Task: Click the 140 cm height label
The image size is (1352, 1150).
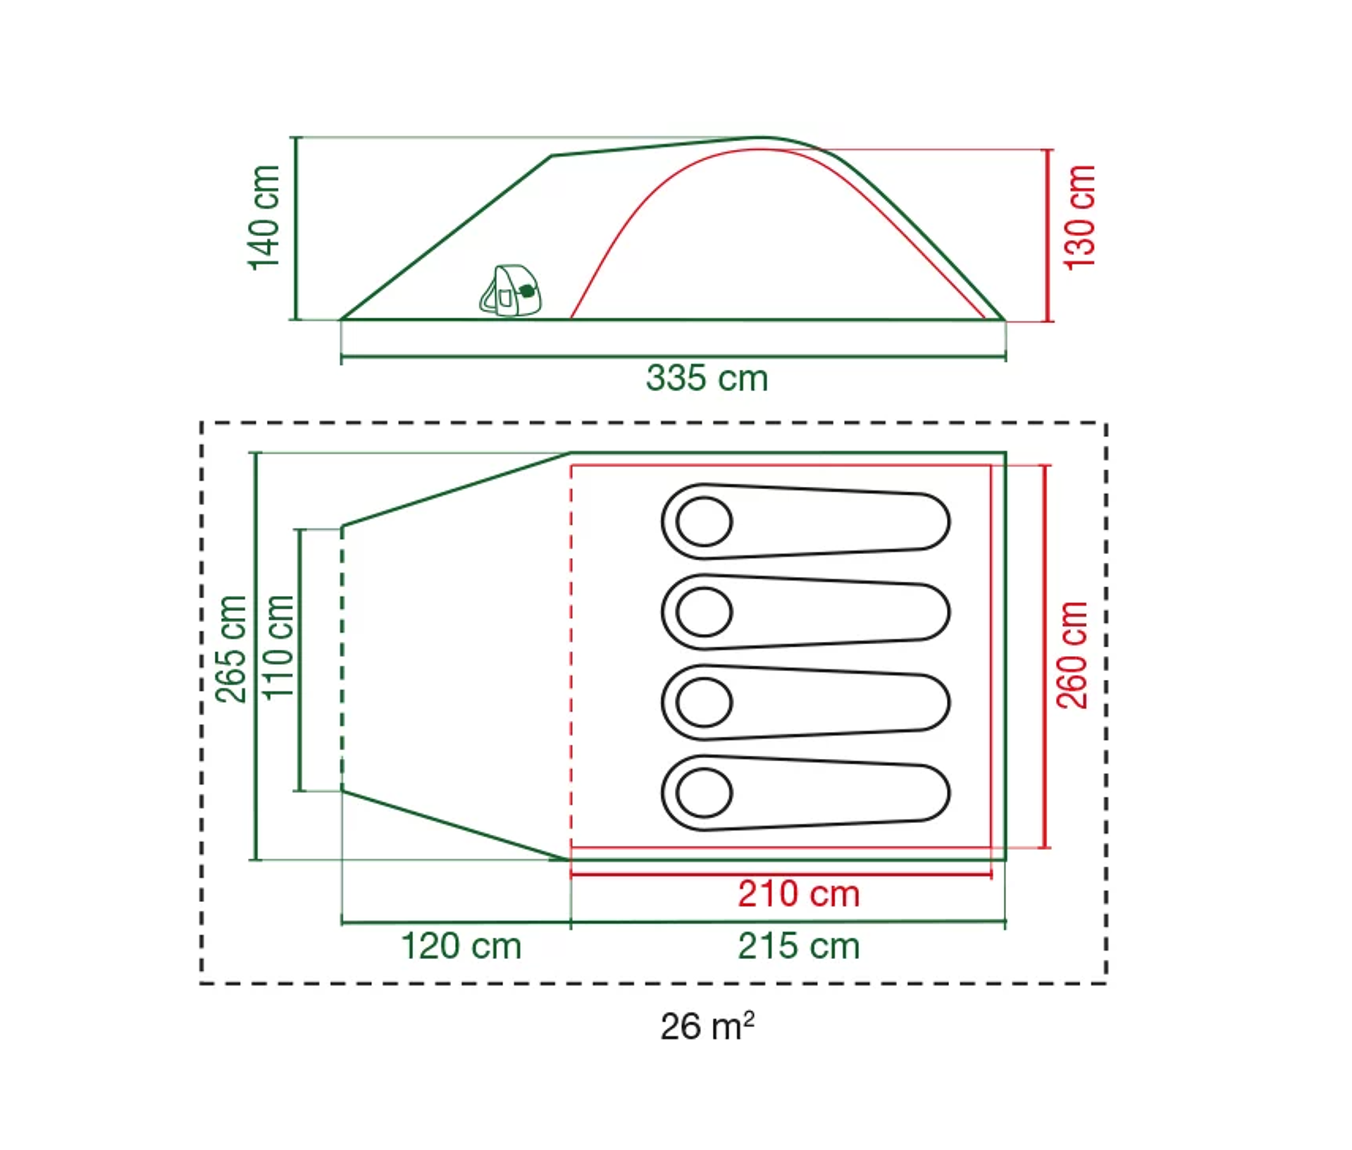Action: (x=265, y=218)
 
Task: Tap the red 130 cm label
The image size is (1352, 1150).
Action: (x=1079, y=218)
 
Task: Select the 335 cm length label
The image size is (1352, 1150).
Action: (x=707, y=378)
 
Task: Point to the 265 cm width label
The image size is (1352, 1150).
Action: (x=231, y=649)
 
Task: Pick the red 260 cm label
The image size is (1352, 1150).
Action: (x=1072, y=655)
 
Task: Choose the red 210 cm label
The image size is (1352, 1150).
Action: (x=799, y=894)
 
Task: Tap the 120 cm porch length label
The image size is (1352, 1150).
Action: (x=461, y=946)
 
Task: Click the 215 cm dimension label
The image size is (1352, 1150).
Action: (x=799, y=946)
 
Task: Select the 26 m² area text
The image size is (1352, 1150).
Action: (x=707, y=1026)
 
